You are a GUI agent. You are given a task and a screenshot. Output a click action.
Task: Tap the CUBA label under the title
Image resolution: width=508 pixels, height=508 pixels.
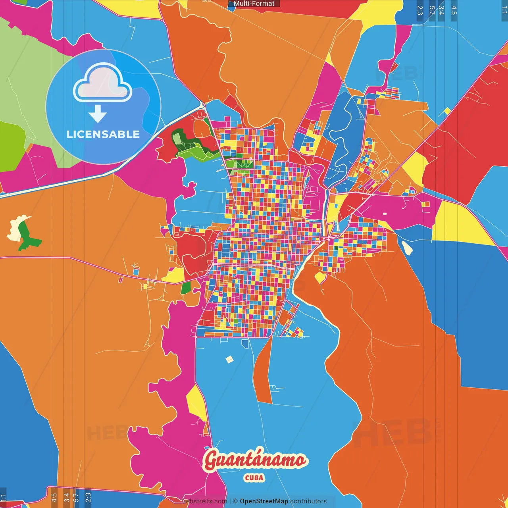coord(254,477)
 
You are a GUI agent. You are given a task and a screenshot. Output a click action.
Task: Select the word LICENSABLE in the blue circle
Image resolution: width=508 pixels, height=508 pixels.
coord(103,134)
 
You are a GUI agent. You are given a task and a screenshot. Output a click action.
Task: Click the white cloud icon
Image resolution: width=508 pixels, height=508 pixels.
coord(102,83)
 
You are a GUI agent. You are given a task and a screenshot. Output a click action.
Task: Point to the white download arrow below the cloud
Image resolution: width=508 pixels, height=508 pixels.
coord(98,114)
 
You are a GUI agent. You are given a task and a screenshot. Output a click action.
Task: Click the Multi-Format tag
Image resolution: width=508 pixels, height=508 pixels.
coord(254,4)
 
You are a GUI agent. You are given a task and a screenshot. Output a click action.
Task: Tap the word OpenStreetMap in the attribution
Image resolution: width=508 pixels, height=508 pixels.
coord(264,501)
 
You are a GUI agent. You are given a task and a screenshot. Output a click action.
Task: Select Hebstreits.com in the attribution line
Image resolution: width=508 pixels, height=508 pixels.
coord(204,501)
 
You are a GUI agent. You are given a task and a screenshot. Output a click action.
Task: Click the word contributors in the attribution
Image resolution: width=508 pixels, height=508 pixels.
coord(308,501)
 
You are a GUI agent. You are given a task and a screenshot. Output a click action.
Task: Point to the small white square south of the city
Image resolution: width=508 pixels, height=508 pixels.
coord(229,360)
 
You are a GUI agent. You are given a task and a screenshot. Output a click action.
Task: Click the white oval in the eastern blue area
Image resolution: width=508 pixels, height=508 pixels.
coord(407,248)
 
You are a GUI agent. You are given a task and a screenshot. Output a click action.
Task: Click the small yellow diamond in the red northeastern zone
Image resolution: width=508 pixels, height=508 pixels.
coord(447,111)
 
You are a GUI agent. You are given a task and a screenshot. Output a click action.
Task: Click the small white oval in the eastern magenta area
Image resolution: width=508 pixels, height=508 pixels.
coord(385,214)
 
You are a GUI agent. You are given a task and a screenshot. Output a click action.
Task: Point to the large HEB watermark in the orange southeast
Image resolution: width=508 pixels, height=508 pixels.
coord(393,433)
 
